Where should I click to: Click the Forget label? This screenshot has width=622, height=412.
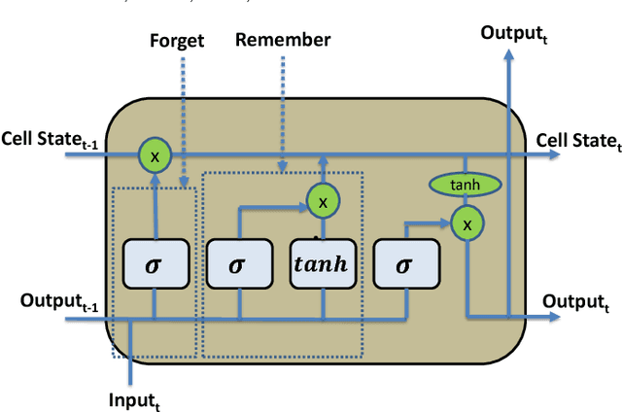(176, 41)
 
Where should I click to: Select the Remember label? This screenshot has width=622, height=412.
(284, 40)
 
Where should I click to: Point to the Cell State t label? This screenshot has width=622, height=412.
(577, 141)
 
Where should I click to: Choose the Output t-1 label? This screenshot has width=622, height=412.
(60, 301)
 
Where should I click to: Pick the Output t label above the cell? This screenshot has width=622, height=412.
(514, 33)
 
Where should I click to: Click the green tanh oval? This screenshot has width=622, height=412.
(466, 185)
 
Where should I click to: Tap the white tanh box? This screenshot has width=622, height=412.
(324, 265)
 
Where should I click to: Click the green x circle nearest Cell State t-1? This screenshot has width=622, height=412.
(154, 154)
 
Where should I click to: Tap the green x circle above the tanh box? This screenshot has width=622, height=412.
(323, 200)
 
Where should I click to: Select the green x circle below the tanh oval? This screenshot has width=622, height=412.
(466, 223)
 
